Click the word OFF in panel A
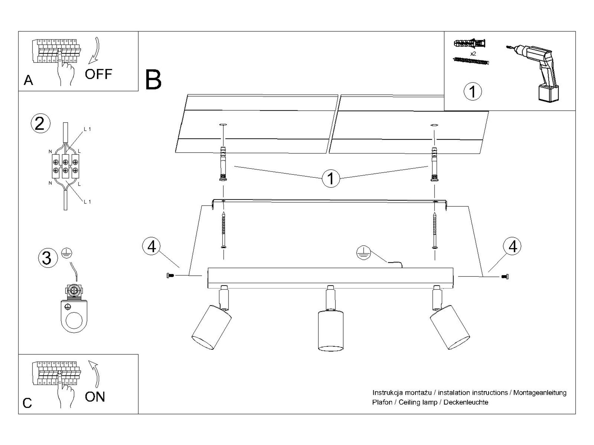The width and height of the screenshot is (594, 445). (98, 74)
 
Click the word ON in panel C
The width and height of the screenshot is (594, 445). (95, 397)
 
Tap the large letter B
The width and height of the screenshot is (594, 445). (153, 80)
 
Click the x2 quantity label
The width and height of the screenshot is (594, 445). (473, 54)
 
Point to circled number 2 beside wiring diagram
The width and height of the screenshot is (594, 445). (40, 123)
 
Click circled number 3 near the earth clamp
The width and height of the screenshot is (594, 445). (48, 258)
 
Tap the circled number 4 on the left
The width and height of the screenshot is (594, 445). (152, 246)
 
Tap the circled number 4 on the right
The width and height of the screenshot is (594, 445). (513, 246)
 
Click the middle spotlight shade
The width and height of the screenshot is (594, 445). (331, 330)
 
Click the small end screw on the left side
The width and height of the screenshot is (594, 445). (170, 276)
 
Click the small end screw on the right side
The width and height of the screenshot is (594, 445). (505, 277)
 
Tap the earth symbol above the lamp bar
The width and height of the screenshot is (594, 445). (364, 252)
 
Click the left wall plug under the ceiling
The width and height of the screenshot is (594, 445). (223, 164)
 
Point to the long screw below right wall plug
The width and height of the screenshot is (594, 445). (435, 230)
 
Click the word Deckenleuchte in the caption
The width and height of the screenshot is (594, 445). (466, 402)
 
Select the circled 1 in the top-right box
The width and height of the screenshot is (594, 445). (473, 91)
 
